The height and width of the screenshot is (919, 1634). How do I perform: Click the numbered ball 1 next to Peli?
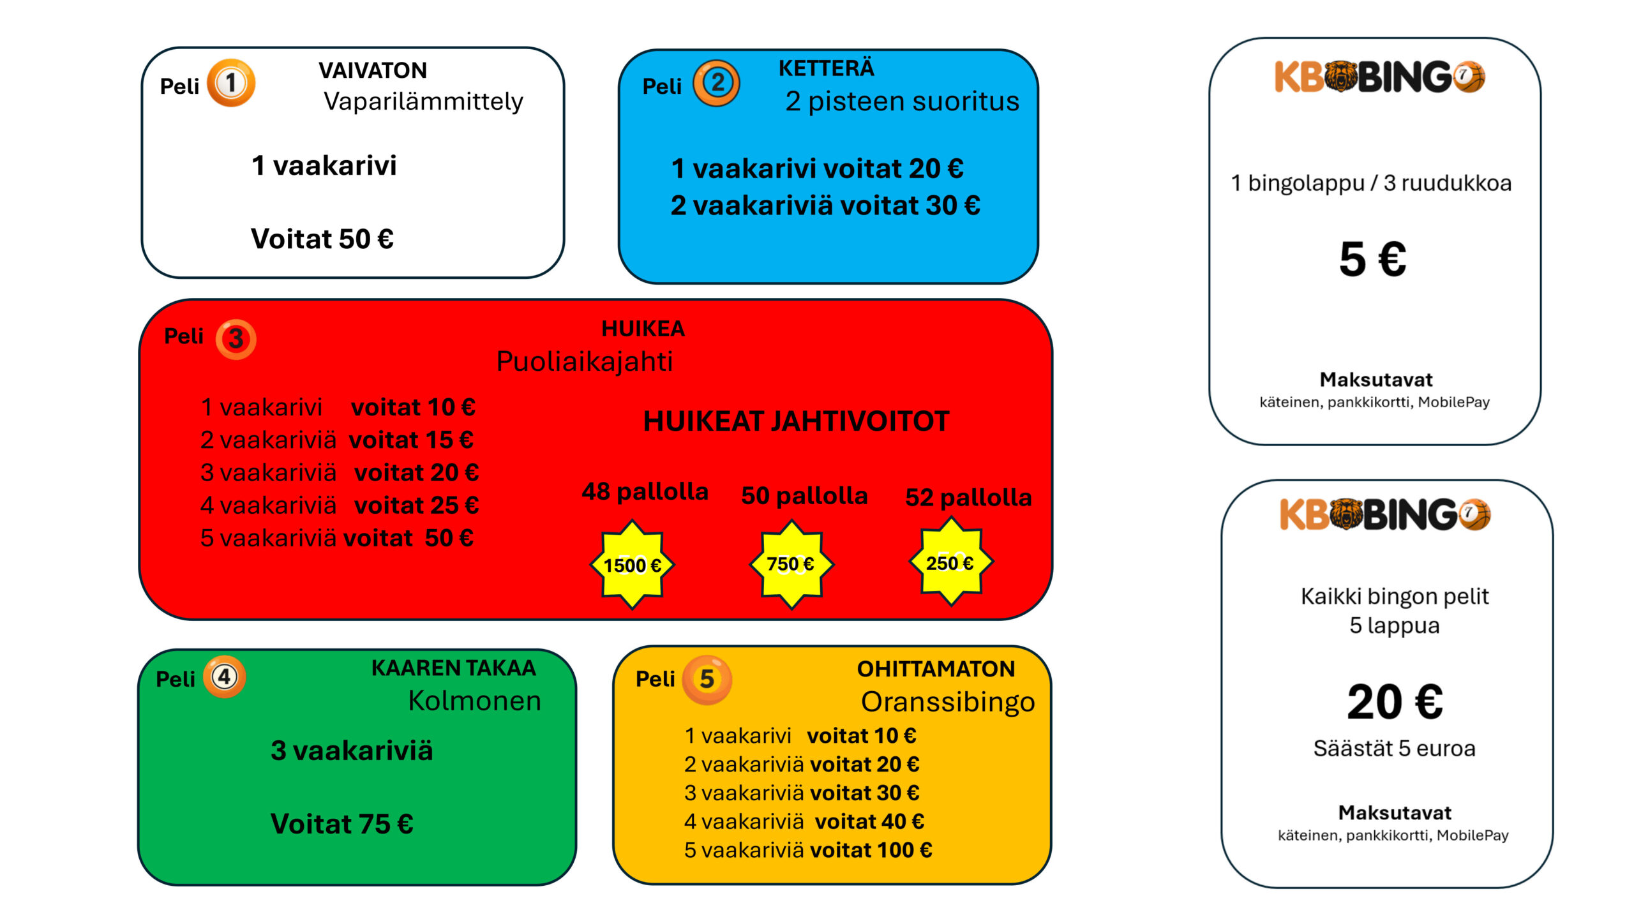pyautogui.click(x=231, y=83)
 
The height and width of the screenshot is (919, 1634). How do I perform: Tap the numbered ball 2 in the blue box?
pyautogui.click(x=717, y=83)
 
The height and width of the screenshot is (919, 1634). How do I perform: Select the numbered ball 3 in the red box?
pyautogui.click(x=236, y=339)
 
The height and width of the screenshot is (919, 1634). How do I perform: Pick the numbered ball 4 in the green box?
pyautogui.click(x=225, y=676)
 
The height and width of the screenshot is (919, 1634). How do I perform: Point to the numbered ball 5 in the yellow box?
pyautogui.click(x=707, y=680)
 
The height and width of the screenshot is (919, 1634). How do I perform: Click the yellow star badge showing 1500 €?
pyautogui.click(x=633, y=565)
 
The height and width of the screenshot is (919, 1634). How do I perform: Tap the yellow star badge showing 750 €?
pyautogui.click(x=791, y=564)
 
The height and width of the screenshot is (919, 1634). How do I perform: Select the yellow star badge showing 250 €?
pyautogui.click(x=951, y=562)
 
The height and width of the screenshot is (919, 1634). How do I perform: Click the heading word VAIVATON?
pyautogui.click(x=373, y=70)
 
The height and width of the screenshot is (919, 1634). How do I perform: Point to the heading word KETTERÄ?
pyautogui.click(x=827, y=67)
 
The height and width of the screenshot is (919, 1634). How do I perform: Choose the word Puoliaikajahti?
pyautogui.click(x=585, y=361)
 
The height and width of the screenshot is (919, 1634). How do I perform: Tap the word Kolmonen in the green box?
pyautogui.click(x=475, y=701)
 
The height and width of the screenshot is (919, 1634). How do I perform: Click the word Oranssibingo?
pyautogui.click(x=948, y=702)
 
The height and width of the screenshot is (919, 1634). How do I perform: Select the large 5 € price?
pyautogui.click(x=1373, y=259)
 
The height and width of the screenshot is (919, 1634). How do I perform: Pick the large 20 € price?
pyautogui.click(x=1395, y=702)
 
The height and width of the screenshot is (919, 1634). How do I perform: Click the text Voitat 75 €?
pyautogui.click(x=342, y=824)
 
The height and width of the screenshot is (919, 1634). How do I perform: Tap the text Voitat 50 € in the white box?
pyautogui.click(x=322, y=239)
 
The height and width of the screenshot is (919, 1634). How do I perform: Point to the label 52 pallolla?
pyautogui.click(x=968, y=497)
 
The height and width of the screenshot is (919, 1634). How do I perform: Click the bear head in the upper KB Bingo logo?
pyautogui.click(x=1340, y=77)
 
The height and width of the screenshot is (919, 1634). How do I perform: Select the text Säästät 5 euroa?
pyautogui.click(x=1395, y=748)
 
